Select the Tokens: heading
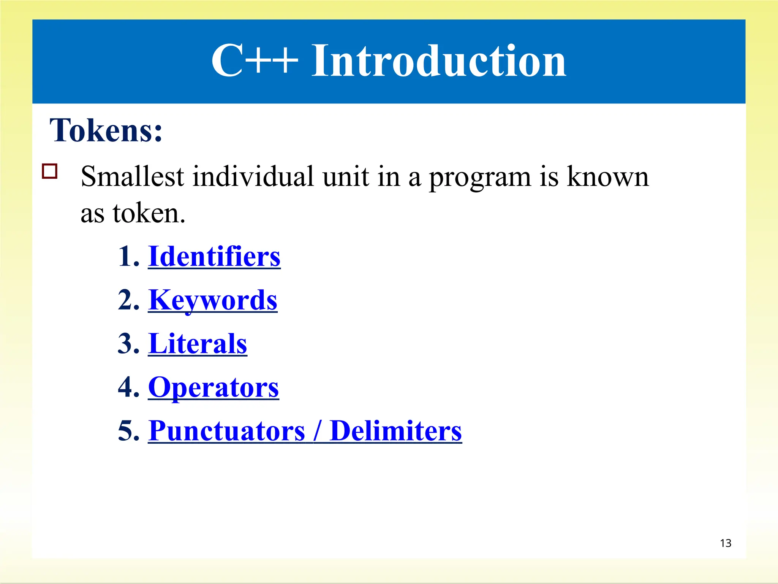[x=106, y=130]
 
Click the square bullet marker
[x=50, y=171]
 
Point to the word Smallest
[x=133, y=177]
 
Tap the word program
[x=481, y=178]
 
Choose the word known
[x=608, y=177]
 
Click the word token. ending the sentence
[x=149, y=214]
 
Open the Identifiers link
[x=214, y=257]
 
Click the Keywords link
[x=213, y=300]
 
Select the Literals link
[x=198, y=344]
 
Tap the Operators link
[x=213, y=388]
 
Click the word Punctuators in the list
[x=227, y=431]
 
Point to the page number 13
[x=726, y=543]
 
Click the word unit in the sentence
[x=346, y=177]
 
